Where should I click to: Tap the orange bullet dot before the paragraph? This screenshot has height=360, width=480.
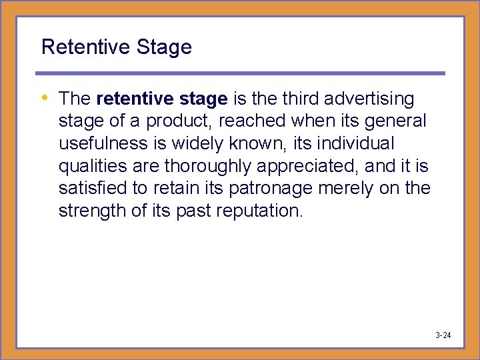click(x=45, y=98)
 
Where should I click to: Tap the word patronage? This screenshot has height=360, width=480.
click(x=271, y=189)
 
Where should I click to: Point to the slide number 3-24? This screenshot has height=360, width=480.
click(x=443, y=335)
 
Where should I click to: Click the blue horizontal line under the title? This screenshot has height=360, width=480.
click(x=240, y=73)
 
